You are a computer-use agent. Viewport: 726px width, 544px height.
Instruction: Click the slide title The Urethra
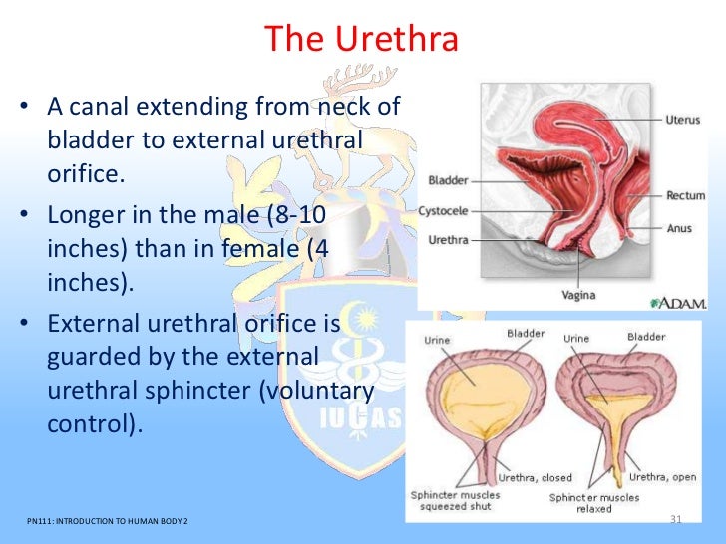[362, 40]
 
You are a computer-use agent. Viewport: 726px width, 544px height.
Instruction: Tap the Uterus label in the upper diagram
[683, 120]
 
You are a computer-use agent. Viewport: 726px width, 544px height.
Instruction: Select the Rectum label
[685, 196]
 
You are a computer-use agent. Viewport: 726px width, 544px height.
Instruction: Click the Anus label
[679, 228]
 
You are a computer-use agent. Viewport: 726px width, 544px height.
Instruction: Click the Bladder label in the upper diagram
[448, 181]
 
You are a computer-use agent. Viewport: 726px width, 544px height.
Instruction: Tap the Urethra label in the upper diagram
[447, 239]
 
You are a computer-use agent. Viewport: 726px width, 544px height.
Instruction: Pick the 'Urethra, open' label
[661, 477]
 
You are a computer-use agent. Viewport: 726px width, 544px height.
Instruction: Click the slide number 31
[674, 520]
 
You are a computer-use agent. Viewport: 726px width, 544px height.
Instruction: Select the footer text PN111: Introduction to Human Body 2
[109, 522]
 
